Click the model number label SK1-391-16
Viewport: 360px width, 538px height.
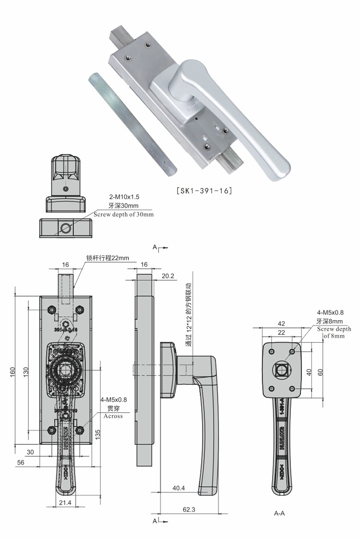tap(204, 191)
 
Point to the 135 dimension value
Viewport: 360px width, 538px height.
tap(97, 435)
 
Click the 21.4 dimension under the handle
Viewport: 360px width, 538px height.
tap(66, 502)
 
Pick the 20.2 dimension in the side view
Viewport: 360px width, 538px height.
tap(168, 276)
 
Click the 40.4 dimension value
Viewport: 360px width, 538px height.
tap(179, 488)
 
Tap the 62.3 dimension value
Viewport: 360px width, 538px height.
tap(189, 509)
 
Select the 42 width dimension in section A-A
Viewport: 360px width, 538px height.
tap(281, 324)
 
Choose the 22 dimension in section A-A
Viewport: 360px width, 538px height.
tap(281, 333)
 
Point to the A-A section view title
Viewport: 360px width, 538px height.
tap(279, 513)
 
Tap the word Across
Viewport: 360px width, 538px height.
tap(113, 416)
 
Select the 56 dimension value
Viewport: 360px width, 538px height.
tap(21, 462)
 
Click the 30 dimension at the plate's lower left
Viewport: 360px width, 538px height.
tap(30, 452)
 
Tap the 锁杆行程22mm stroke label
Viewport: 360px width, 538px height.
tap(108, 258)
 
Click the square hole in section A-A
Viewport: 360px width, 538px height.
tap(281, 370)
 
